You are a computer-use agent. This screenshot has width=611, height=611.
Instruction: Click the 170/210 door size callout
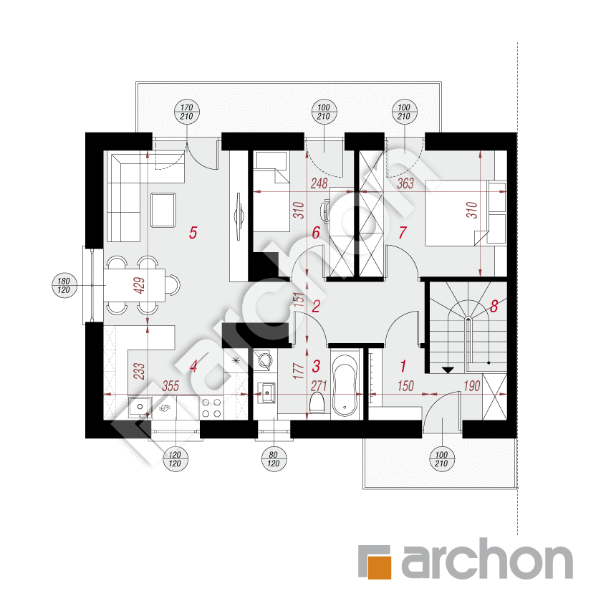[x=187, y=112]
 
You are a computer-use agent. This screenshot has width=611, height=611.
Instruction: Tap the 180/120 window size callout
[x=64, y=285]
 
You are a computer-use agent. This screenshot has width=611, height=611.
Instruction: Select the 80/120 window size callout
[x=274, y=459]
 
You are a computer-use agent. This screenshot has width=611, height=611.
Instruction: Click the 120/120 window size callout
[x=175, y=459]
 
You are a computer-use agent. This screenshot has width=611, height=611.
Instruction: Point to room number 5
[x=193, y=233]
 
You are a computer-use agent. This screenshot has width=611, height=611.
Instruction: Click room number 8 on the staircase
[x=494, y=307]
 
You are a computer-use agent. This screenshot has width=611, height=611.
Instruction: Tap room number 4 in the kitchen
[x=193, y=366]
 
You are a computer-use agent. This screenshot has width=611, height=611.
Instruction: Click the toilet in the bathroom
[x=317, y=403]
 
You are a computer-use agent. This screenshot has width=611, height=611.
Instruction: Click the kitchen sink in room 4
[x=140, y=407]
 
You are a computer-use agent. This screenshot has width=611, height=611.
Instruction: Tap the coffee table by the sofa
[x=163, y=210]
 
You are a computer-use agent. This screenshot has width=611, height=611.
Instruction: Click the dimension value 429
[x=139, y=285]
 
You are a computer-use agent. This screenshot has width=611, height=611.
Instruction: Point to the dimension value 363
[x=405, y=183]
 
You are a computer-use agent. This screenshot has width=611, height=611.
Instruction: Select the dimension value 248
[x=319, y=183]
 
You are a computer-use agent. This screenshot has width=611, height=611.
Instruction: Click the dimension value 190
[x=471, y=386]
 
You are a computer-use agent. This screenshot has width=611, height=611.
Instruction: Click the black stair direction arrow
[x=448, y=370]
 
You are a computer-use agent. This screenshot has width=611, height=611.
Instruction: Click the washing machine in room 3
[x=264, y=360]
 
